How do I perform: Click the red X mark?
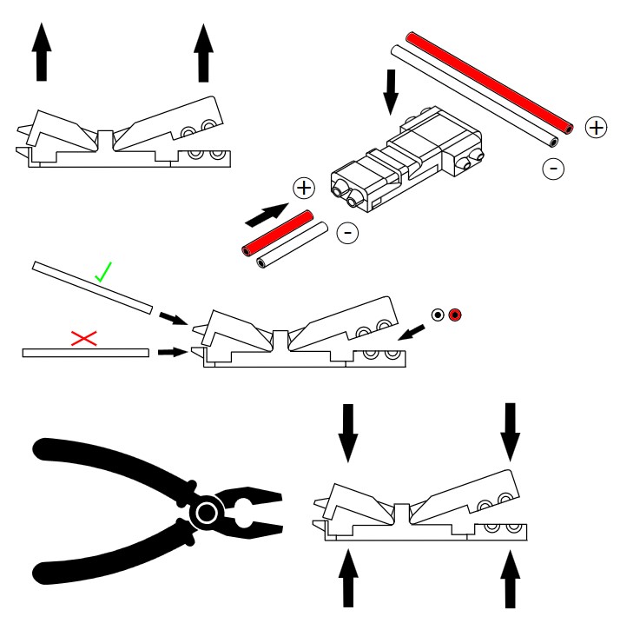click(83, 338)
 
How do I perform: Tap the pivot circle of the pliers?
click(207, 514)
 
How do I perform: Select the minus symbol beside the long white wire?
click(552, 169)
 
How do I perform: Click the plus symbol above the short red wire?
click(303, 188)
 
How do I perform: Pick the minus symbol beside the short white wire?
click(346, 232)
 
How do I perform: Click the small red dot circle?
click(455, 315)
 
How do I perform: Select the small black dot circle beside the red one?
click(439, 315)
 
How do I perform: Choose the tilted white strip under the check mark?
click(91, 286)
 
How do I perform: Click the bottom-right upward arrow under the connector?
click(511, 580)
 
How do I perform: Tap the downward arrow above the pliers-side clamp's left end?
click(348, 432)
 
